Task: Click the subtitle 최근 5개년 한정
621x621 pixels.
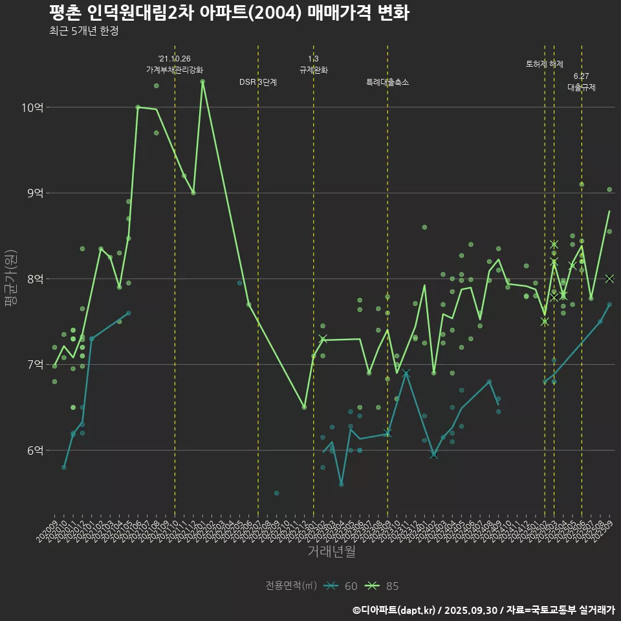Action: pyautogui.click(x=83, y=31)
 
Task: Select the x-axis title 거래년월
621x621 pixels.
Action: pyautogui.click(x=331, y=552)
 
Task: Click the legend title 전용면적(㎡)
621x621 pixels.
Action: pyautogui.click(x=291, y=586)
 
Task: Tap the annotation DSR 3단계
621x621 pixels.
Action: pyautogui.click(x=258, y=82)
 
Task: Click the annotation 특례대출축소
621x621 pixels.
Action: pyautogui.click(x=387, y=82)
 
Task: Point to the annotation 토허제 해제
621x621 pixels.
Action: pyautogui.click(x=545, y=64)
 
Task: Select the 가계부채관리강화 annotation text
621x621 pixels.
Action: pyautogui.click(x=175, y=70)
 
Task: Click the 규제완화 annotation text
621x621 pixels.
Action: pyautogui.click(x=314, y=70)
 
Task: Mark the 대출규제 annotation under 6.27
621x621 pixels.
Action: pyautogui.click(x=582, y=87)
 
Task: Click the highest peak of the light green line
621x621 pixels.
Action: pyautogui.click(x=202, y=82)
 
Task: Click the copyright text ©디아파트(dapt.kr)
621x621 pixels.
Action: pyautogui.click(x=395, y=610)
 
